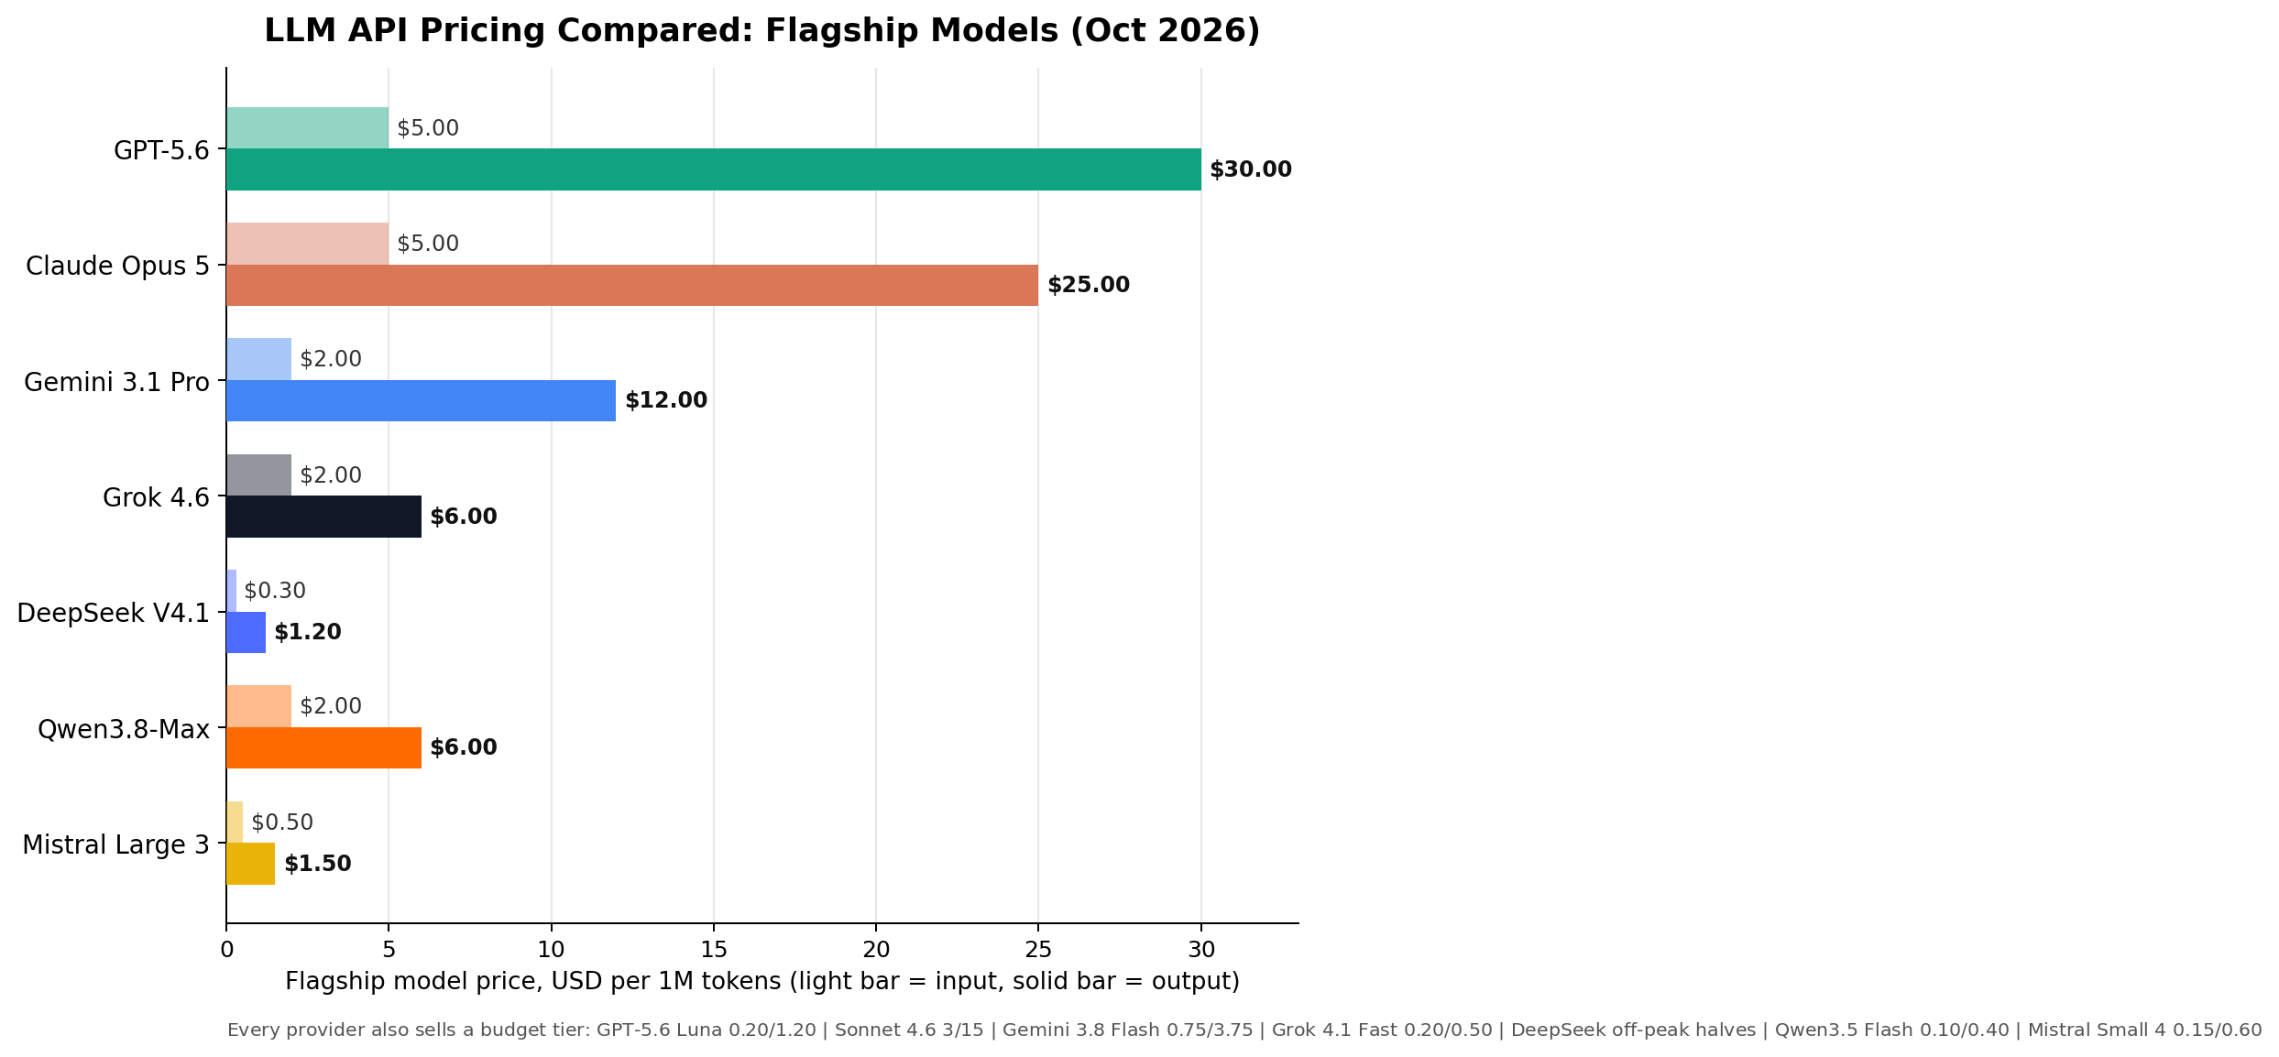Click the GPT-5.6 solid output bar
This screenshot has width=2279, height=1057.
point(714,169)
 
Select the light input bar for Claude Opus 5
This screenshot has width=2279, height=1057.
point(308,244)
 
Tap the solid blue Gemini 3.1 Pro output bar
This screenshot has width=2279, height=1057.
point(422,400)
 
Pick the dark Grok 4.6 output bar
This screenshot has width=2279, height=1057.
point(324,517)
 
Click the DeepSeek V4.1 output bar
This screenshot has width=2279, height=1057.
point(247,632)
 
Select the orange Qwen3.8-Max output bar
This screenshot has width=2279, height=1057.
point(324,747)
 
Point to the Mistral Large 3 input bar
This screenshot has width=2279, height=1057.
point(235,823)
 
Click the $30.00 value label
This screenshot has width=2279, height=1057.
point(1251,169)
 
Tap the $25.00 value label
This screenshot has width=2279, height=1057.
point(1089,285)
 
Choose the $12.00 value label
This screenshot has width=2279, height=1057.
point(666,400)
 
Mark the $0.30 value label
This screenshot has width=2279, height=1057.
point(275,591)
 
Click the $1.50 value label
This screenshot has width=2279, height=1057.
point(318,864)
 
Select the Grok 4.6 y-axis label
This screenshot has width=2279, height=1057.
point(157,497)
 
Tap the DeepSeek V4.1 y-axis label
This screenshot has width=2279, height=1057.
point(114,613)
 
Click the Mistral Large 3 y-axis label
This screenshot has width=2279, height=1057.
point(116,845)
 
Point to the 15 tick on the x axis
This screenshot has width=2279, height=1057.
point(714,949)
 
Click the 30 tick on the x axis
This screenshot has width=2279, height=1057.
point(1201,949)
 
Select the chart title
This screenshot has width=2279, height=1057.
point(762,30)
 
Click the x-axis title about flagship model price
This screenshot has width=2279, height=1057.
point(762,982)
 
